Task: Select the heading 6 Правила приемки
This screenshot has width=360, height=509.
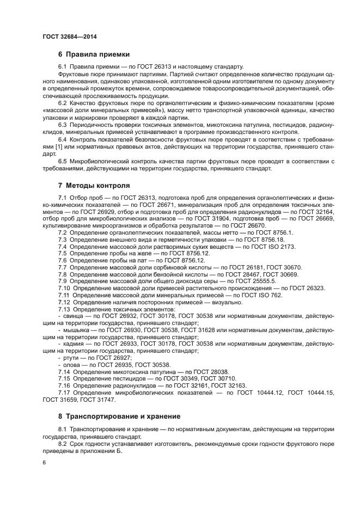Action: pos(93,54)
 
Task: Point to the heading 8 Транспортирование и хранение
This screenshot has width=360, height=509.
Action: pos(119,416)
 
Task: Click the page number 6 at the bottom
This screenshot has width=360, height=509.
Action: pos(45,462)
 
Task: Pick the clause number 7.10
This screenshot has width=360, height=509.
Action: pos(64,288)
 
